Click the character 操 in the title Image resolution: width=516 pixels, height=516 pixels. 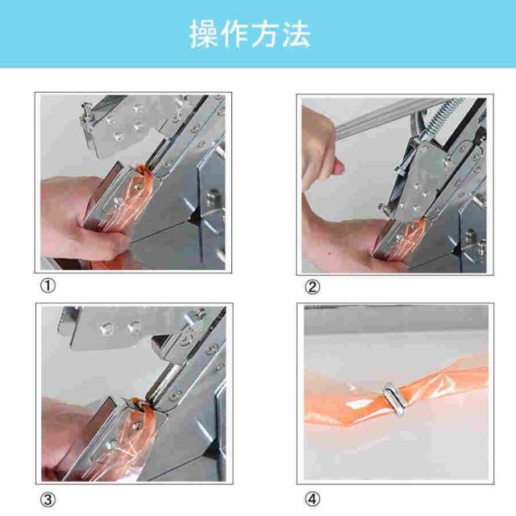pyautogui.click(x=203, y=34)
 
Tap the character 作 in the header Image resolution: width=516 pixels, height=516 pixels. pyautogui.click(x=235, y=34)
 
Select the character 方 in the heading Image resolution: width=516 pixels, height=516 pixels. pyautogui.click(x=265, y=34)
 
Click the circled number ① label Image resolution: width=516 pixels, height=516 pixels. pyautogui.click(x=48, y=285)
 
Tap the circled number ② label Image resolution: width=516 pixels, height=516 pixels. pyautogui.click(x=312, y=287)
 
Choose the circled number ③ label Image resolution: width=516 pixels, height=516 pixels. pyautogui.click(x=48, y=500)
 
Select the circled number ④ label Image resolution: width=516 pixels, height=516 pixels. pyautogui.click(x=312, y=499)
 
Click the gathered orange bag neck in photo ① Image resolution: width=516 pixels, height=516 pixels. pyautogui.click(x=142, y=170)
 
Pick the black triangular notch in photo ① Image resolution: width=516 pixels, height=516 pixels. pyautogui.click(x=194, y=218)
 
